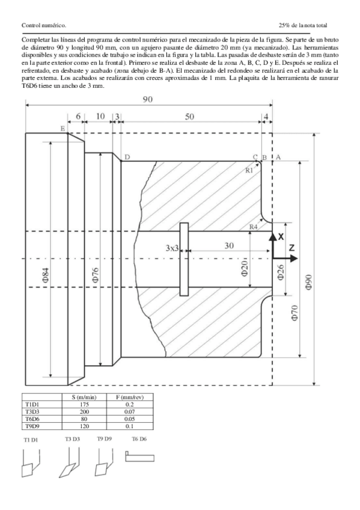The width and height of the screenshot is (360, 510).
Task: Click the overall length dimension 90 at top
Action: pyautogui.click(x=147, y=100)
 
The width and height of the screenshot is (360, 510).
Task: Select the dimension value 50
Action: pyautogui.click(x=189, y=117)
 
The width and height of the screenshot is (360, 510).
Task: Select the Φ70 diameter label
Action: pyautogui.click(x=295, y=313)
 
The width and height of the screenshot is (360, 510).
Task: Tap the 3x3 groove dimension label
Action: pyautogui.click(x=172, y=248)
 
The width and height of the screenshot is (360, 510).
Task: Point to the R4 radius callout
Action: pyautogui.click(x=254, y=226)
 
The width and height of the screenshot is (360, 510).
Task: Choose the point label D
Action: pyautogui.click(x=127, y=157)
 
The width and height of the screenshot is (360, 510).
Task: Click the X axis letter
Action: pyautogui.click(x=281, y=237)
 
